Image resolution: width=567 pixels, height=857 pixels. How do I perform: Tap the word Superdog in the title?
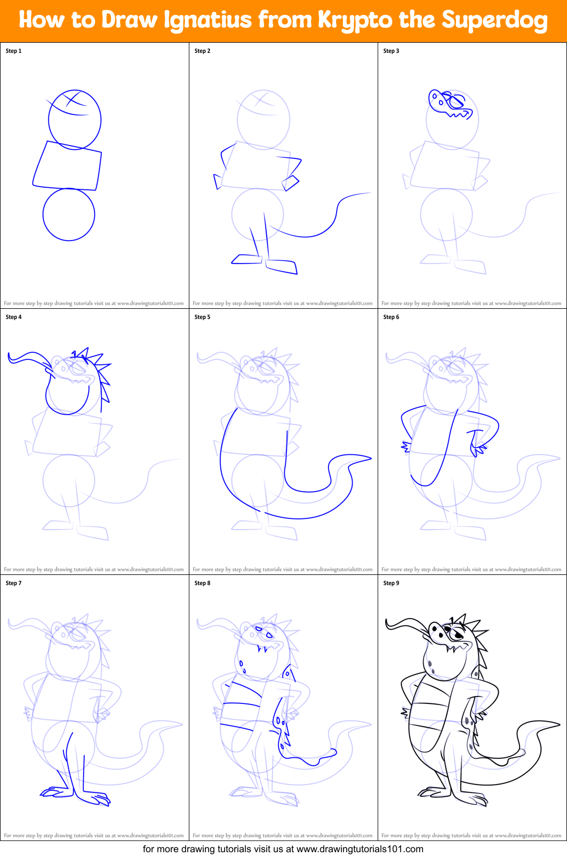494,20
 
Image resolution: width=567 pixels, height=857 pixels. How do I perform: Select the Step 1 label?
14,51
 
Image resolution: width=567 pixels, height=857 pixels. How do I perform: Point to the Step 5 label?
203,317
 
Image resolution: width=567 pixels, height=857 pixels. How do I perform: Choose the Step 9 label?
392,583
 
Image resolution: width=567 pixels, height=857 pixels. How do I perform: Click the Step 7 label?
14,583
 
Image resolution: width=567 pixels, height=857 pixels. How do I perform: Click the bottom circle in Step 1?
69,214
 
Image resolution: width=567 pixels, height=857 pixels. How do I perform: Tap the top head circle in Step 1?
75,120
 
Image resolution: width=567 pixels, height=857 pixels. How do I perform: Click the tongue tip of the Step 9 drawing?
388,623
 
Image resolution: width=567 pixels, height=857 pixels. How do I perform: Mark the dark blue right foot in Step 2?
281,267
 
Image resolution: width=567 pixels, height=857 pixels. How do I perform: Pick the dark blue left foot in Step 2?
246,259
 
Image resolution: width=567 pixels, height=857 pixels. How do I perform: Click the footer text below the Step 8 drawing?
283,836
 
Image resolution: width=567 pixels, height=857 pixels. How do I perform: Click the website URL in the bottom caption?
360,849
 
